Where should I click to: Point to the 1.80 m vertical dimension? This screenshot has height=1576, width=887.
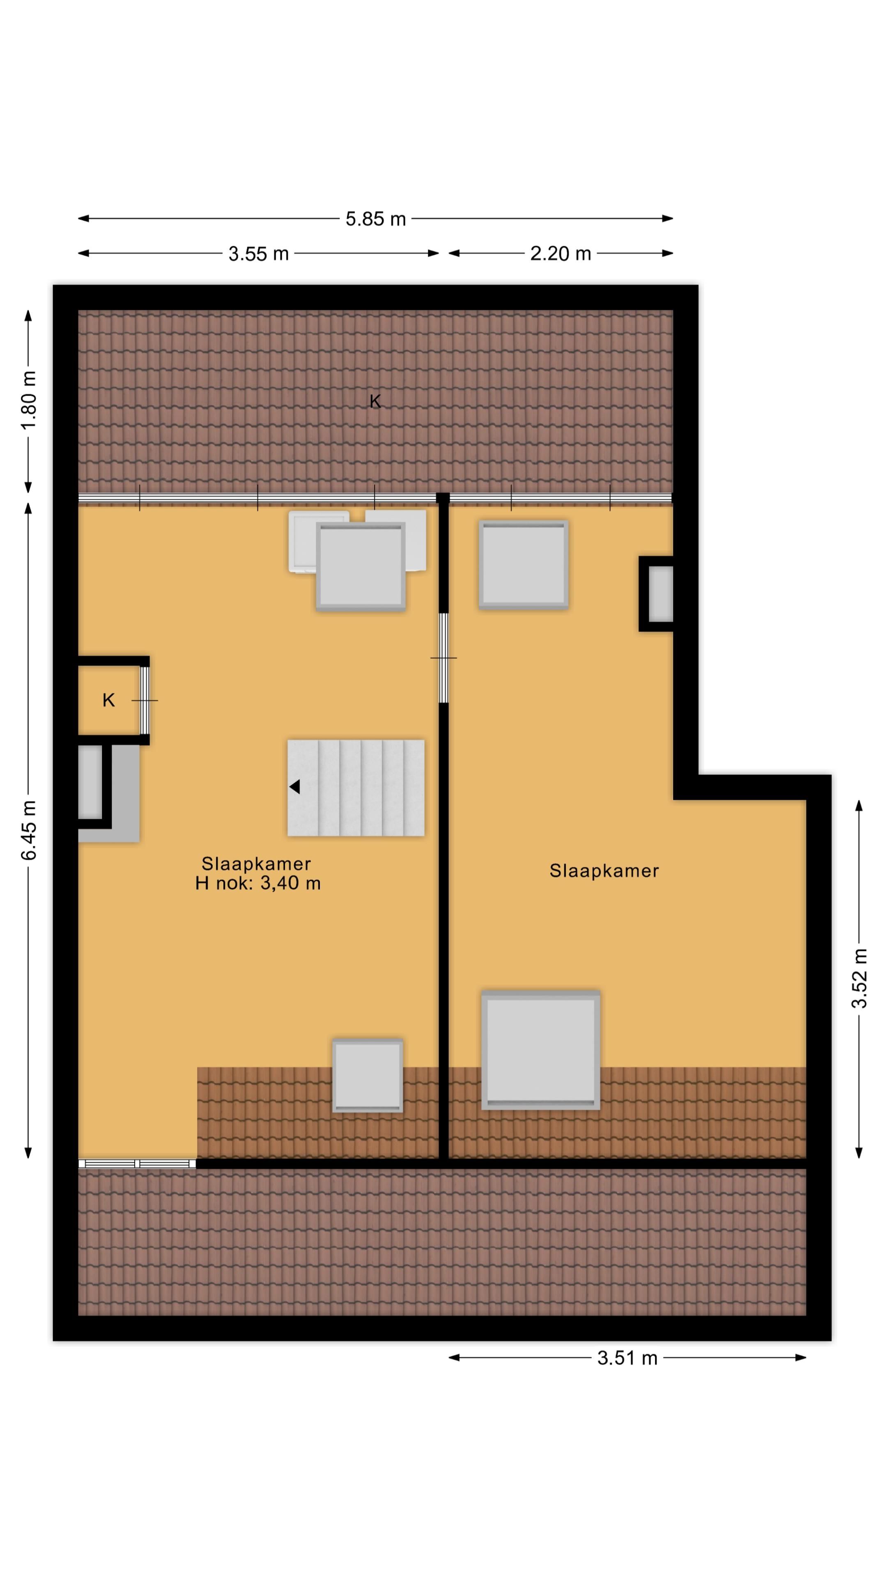pyautogui.click(x=28, y=400)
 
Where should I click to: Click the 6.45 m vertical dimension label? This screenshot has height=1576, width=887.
pyautogui.click(x=28, y=829)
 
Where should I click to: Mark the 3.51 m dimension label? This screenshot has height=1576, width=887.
pyautogui.click(x=627, y=1358)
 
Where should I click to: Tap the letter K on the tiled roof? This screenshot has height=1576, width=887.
pyautogui.click(x=375, y=401)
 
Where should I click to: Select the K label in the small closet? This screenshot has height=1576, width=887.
pyautogui.click(x=108, y=701)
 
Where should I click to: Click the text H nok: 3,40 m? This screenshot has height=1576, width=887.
pyautogui.click(x=258, y=883)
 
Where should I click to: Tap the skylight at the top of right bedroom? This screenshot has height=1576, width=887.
pyautogui.click(x=524, y=565)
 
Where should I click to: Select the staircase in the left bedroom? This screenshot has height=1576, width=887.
pyautogui.click(x=356, y=788)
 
